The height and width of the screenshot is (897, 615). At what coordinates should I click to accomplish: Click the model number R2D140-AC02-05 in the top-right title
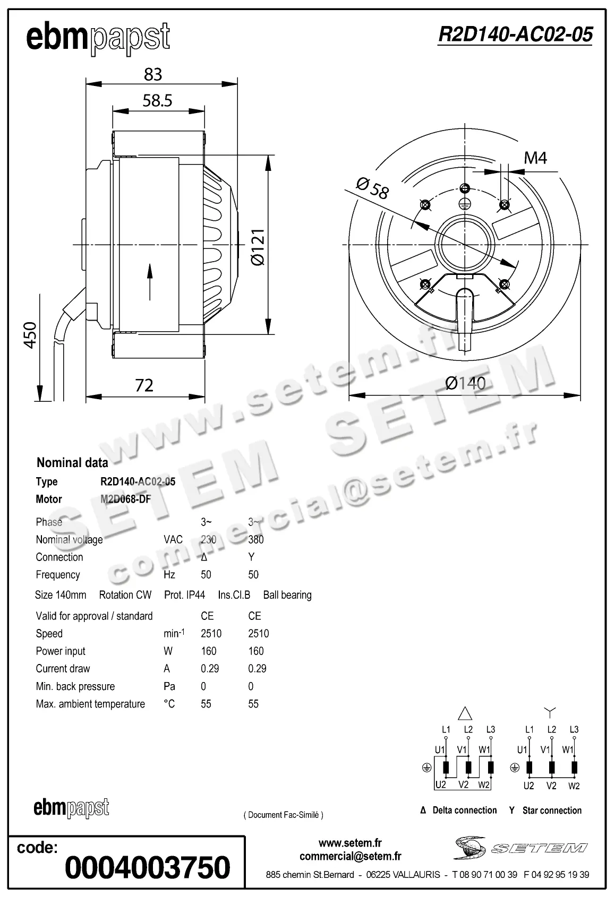coord(515,34)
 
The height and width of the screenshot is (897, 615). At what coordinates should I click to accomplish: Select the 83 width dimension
coord(153,74)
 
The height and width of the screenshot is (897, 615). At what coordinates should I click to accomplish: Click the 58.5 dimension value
coord(157,100)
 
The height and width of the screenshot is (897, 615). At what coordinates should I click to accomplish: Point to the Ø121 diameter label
coord(258,247)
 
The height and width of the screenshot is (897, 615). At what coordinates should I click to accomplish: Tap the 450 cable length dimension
coord(30,334)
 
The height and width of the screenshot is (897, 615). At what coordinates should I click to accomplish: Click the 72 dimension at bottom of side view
coord(144,385)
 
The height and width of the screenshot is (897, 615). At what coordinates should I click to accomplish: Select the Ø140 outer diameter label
coord(465,383)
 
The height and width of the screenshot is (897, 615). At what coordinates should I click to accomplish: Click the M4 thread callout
coord(535,158)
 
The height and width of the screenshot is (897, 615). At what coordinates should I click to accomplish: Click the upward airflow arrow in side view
coord(150,282)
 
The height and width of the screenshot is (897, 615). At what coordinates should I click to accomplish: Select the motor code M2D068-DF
coord(125,499)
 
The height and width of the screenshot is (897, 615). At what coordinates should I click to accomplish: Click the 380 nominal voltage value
coord(255,539)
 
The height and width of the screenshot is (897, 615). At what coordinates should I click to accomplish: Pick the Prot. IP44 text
coord(184,595)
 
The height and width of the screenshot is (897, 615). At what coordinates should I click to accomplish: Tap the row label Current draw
coord(63,668)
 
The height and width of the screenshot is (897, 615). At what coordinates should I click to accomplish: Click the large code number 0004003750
coord(148,867)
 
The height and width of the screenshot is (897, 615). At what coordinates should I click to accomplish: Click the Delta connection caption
coord(464,810)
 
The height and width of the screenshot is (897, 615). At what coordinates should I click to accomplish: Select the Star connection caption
coord(551,810)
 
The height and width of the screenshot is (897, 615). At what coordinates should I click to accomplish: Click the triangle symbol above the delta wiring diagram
coord(465,713)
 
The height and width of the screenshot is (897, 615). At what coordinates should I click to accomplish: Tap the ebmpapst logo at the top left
coord(98,38)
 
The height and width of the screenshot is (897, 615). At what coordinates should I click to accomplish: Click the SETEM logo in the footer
coord(520,848)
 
